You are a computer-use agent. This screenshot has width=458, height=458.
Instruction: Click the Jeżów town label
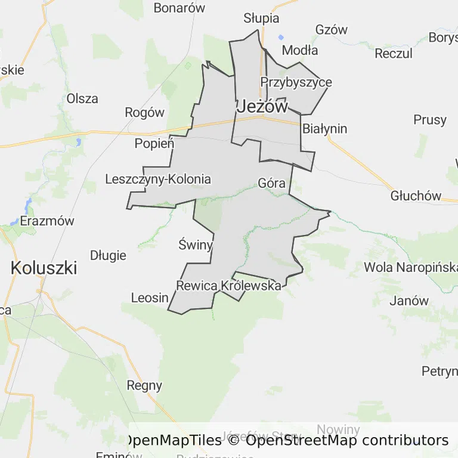pos(262,107)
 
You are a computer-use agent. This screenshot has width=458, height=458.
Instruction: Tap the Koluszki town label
pos(44,268)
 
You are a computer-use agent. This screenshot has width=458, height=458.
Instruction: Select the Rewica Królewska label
pos(228,286)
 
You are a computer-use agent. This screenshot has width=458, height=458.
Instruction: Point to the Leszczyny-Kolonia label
pos(158,179)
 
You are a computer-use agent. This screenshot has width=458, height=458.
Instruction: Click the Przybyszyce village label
pos(296,82)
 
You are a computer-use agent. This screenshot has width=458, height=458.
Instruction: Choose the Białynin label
pos(325,129)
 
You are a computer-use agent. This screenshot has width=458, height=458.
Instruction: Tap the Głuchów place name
pos(416,196)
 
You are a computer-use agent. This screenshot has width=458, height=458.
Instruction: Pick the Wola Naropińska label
pos(410,267)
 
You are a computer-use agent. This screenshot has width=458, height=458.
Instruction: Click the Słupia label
pos(261,18)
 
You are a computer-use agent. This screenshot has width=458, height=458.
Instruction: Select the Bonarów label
pos(180,8)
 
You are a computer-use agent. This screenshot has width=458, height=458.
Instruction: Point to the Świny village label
pos(196,244)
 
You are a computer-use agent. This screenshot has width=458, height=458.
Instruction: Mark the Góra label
pos(272,183)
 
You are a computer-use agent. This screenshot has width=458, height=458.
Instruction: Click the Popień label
pos(154,143)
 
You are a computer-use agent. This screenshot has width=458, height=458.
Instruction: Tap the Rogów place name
pos(144,112)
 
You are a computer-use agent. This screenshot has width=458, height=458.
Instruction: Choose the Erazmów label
pos(47,221)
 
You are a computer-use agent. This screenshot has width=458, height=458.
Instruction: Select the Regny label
pos(144,385)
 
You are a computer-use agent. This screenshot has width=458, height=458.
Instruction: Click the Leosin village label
pos(150,298)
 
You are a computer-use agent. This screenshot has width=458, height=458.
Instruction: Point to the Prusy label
pos(429,120)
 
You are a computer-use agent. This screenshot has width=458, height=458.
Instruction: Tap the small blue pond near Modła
pos(281,37)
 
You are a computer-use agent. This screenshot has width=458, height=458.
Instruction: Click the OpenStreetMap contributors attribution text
pos(347,441)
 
